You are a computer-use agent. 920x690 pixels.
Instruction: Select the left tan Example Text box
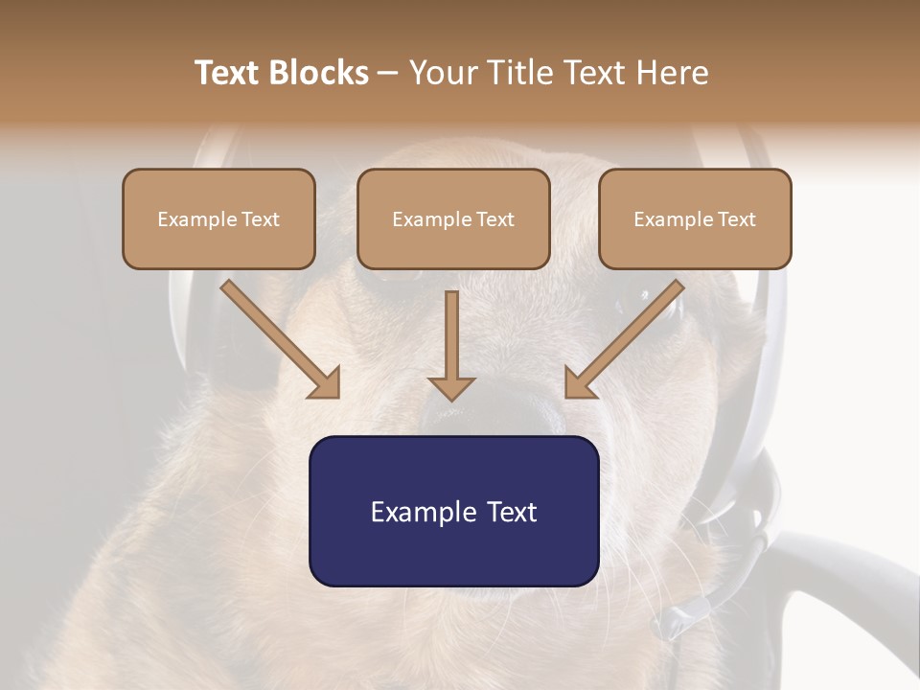tap(218, 218)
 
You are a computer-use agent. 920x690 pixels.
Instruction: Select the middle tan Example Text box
tap(453, 218)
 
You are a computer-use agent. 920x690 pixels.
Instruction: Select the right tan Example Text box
tap(695, 218)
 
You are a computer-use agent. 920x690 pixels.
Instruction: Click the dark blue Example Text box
tap(453, 511)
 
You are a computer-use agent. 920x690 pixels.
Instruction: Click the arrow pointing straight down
tap(451, 345)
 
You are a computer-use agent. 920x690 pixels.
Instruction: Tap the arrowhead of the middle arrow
tap(451, 387)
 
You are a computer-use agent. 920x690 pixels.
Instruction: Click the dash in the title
tap(388, 74)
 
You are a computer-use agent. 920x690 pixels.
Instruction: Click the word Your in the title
tap(440, 73)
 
